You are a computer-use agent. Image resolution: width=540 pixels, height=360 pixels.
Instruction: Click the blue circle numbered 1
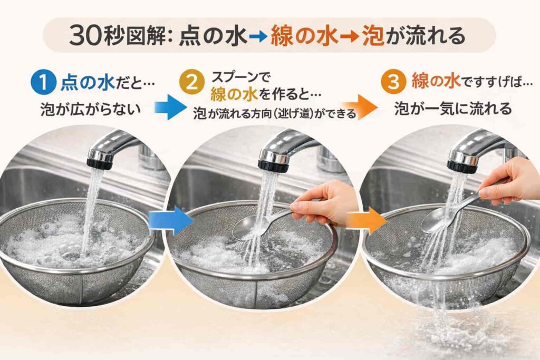coord(43,83)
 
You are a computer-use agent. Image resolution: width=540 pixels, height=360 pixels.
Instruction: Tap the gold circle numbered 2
coord(192,83)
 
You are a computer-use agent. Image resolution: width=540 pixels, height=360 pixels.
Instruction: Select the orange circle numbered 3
coord(393,82)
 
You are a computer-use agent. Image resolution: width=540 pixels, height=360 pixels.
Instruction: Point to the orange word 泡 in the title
coord(373,36)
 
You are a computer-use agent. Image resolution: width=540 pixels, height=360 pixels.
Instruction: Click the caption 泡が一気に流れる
coord(453,109)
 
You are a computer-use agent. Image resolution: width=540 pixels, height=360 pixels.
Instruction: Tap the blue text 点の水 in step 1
coord(88,83)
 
